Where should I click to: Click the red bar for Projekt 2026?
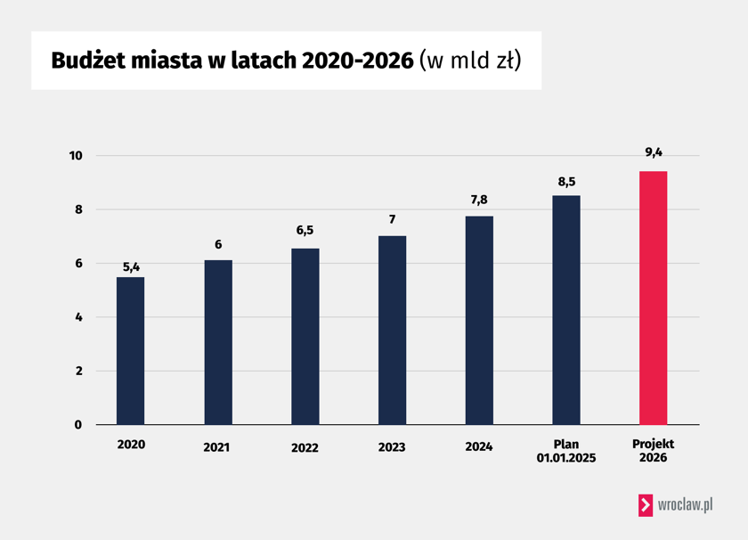(x=654, y=298)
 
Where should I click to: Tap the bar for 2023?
(x=392, y=330)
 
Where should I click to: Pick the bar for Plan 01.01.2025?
(x=566, y=309)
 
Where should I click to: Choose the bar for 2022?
(x=305, y=336)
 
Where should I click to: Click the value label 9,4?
(x=654, y=152)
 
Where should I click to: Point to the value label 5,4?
(x=130, y=266)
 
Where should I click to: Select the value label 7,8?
(x=479, y=200)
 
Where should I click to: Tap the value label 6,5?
(x=305, y=230)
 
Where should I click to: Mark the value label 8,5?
(x=566, y=182)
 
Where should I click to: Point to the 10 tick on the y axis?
(x=76, y=156)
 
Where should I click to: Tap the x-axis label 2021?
(x=216, y=447)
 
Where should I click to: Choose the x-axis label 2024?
(x=479, y=446)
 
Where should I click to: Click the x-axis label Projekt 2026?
(x=654, y=451)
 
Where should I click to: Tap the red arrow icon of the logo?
(x=645, y=504)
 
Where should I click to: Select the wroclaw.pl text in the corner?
(x=685, y=504)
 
